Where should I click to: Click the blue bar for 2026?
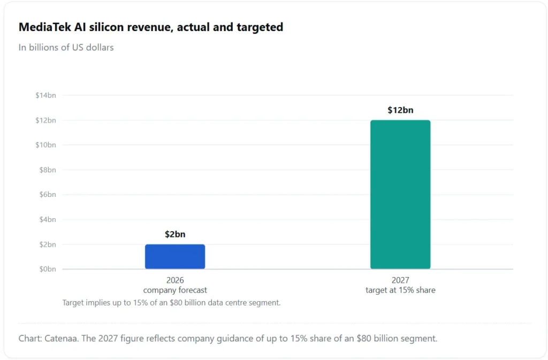click(175, 257)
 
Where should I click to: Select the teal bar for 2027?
click(400, 195)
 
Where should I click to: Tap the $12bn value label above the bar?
click(400, 110)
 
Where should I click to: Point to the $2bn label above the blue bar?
click(175, 234)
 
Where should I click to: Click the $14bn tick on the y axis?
click(45, 95)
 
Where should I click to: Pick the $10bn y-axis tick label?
click(45, 145)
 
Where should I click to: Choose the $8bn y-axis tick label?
click(48, 170)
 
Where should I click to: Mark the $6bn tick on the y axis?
click(48, 195)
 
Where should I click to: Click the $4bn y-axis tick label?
click(48, 219)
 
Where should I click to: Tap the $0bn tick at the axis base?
click(48, 269)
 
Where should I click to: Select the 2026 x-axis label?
click(175, 280)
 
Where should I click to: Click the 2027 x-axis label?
click(400, 280)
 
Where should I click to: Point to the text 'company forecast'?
click(175, 290)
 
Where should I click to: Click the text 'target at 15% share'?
click(400, 290)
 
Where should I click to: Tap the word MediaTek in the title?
click(45, 27)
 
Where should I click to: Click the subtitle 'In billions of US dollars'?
click(66, 48)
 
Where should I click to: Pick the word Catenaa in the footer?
click(60, 339)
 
